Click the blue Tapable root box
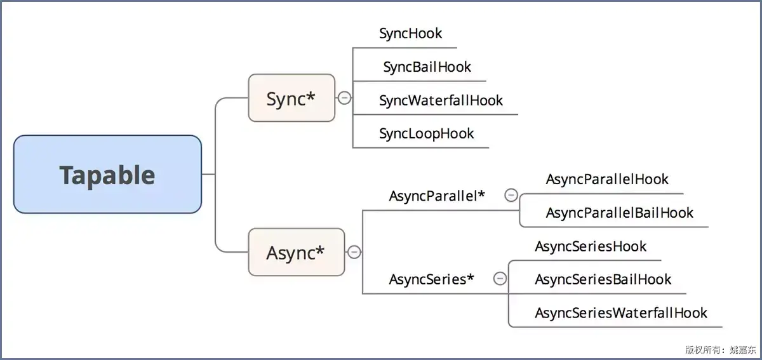coord(107,174)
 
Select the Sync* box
coord(291,98)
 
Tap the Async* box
coord(297,252)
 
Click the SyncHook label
coord(411,34)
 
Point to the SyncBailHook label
coord(427,67)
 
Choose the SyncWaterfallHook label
coord(441,101)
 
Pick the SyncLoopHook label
coord(427,134)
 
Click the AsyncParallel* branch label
coord(437,196)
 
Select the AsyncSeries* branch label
coord(431,279)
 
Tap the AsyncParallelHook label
coord(607,179)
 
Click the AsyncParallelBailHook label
coord(620,213)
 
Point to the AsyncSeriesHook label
coord(591,246)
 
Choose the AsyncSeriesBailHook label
coord(603,280)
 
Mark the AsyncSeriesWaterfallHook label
coord(621,313)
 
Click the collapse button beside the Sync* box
coord(344,98)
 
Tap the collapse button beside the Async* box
coord(354,252)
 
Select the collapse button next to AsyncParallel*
coord(511,196)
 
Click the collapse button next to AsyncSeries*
coord(500,279)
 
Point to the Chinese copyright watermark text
coord(721,349)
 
